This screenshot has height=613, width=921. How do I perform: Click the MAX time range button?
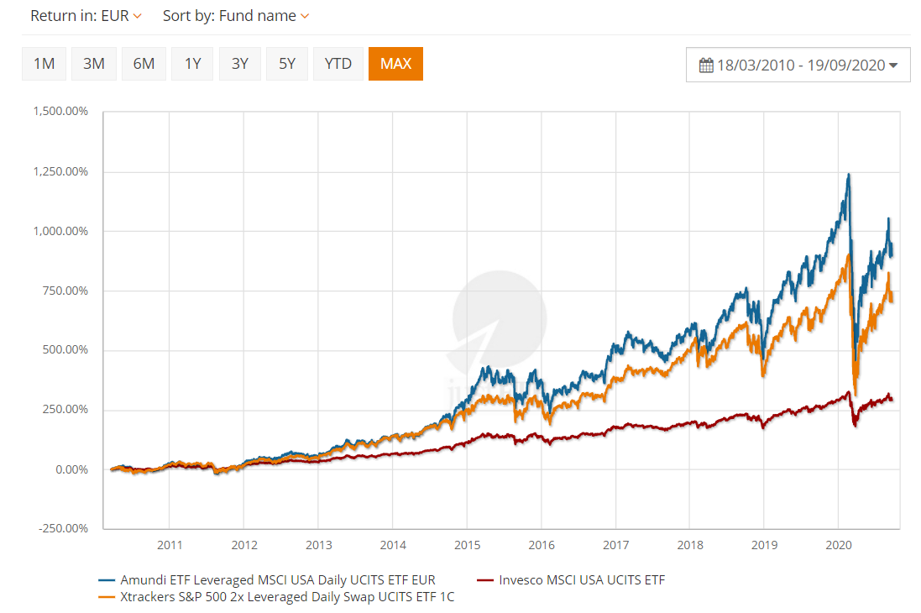click(395, 64)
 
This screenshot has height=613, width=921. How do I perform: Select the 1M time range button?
click(44, 64)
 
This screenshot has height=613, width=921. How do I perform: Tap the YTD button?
click(338, 64)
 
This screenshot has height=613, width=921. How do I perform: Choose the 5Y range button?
click(287, 64)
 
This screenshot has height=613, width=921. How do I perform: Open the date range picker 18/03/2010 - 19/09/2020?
click(798, 65)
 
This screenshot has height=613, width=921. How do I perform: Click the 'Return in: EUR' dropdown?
click(86, 16)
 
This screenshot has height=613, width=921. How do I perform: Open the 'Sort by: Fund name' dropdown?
click(235, 16)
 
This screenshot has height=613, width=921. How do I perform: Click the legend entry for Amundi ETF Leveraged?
click(278, 579)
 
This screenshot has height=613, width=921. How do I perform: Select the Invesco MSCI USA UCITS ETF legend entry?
click(581, 579)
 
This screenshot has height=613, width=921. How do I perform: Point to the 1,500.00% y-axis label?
click(60, 112)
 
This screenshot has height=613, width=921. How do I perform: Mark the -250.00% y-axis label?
click(63, 528)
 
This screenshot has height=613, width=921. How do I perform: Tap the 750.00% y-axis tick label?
click(65, 291)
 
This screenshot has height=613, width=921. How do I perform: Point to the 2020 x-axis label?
click(839, 545)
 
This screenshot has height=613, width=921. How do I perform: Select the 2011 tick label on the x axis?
click(170, 545)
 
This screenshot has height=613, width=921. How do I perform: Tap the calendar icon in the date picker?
click(706, 65)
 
